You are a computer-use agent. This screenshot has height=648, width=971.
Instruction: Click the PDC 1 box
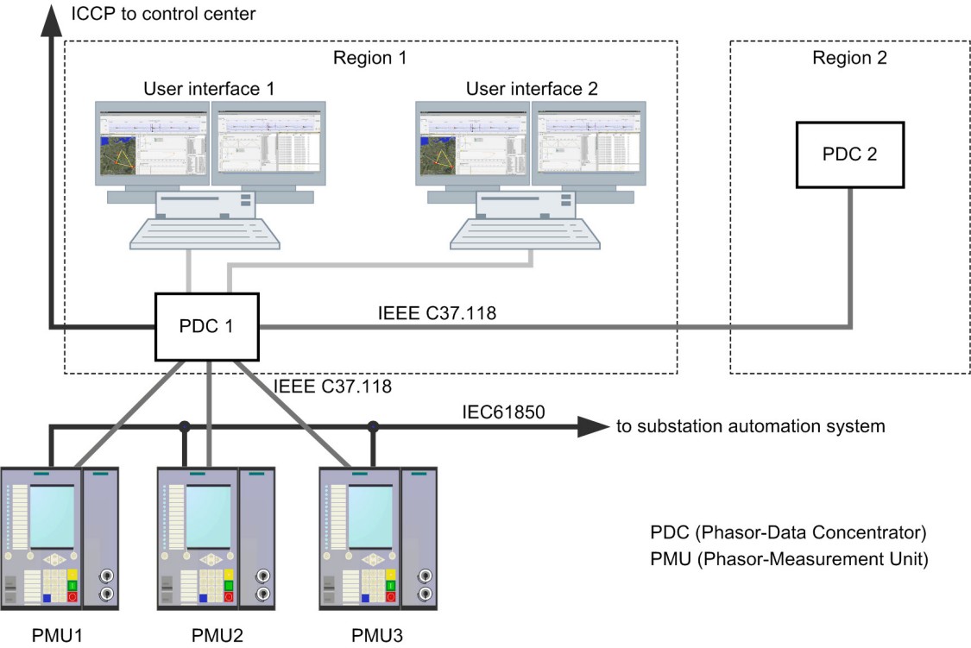tap(205, 327)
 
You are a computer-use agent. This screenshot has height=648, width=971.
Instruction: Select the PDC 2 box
tap(850, 155)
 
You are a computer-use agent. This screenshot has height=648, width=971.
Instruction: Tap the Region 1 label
tap(369, 59)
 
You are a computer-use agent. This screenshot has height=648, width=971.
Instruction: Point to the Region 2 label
tap(849, 59)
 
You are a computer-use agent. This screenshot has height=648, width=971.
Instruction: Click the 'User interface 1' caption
tap(209, 88)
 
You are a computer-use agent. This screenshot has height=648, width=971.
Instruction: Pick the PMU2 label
tap(217, 637)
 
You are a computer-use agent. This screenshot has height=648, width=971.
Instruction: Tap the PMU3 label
tap(376, 637)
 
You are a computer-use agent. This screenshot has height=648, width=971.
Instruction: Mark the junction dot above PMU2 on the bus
tap(184, 425)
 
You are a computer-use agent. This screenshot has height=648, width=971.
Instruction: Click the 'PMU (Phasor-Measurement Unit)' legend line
tap(789, 559)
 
